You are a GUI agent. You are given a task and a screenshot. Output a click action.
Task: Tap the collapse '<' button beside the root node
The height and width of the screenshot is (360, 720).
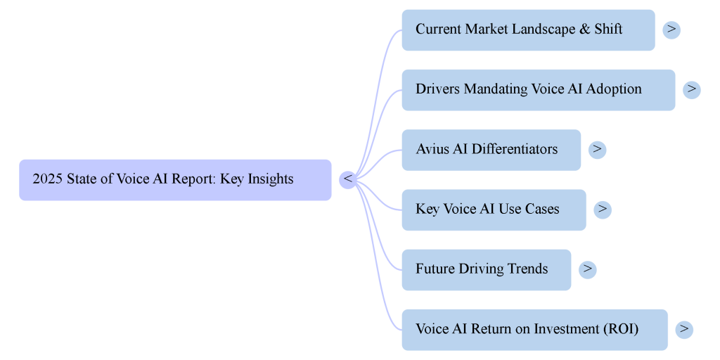point(347,180)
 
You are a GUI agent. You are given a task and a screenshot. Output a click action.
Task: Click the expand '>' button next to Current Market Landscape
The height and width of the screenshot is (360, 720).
point(671,30)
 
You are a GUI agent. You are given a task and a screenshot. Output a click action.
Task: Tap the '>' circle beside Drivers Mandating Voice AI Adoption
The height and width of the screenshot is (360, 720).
point(692,89)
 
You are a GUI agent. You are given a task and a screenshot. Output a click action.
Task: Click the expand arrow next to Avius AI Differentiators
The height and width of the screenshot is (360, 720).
point(597,149)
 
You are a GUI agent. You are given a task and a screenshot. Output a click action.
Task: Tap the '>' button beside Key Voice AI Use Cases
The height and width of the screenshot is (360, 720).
point(603,210)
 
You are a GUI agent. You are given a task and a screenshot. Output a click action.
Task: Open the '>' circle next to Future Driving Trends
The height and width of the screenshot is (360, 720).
point(587,269)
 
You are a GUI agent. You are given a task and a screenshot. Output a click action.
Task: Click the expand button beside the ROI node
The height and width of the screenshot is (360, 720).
point(684,329)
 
